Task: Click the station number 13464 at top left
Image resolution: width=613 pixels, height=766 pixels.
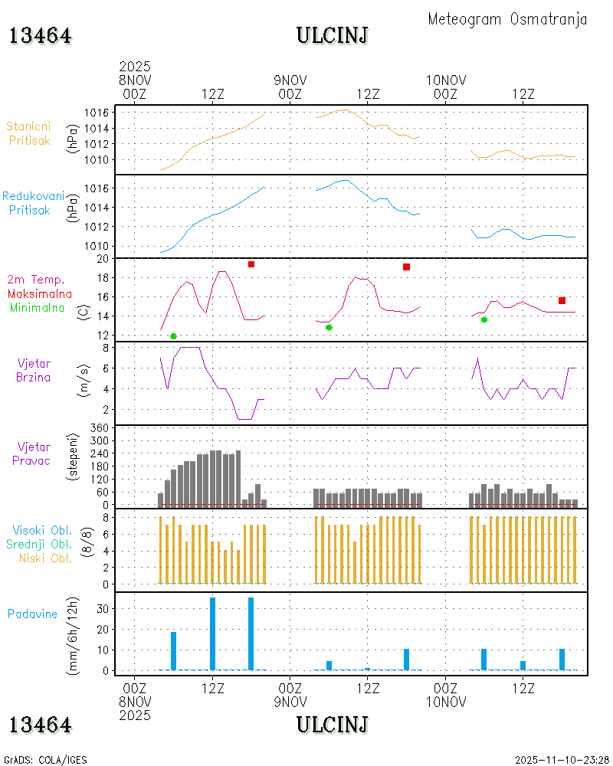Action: pos(41,35)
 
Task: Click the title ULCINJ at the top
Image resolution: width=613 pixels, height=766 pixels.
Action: pos(332,35)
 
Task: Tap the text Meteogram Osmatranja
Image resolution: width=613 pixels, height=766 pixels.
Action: pos(507,19)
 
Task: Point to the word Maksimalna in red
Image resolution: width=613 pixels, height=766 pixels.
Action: pos(40,293)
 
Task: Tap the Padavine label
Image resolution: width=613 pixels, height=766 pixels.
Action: pos(33,614)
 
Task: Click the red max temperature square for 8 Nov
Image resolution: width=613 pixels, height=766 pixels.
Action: pos(251,264)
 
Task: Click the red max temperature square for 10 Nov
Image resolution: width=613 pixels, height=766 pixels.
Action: pos(562,300)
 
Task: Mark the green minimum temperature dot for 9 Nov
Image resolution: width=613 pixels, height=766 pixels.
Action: pos(329,327)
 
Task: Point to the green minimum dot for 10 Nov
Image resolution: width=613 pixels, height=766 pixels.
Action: pos(484,319)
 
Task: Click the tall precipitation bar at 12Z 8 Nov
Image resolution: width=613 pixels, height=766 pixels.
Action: pos(212,633)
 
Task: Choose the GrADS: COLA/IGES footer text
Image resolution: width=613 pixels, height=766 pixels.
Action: pos(45,760)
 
